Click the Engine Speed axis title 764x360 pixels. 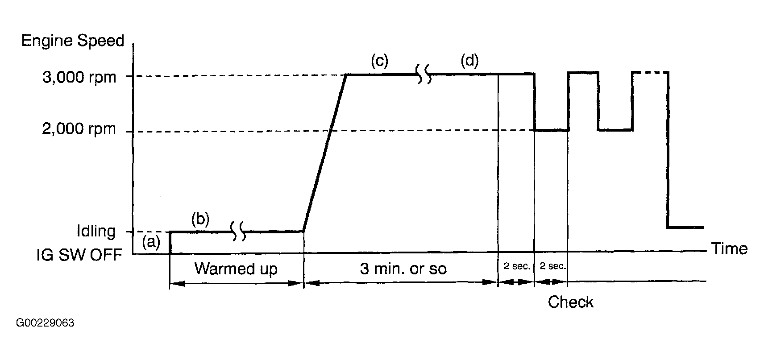point(72,41)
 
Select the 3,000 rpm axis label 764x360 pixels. point(79,78)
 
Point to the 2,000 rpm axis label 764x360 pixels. point(79,129)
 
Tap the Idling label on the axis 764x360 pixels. point(96,232)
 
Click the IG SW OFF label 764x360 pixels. point(79,256)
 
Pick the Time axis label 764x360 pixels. point(729,248)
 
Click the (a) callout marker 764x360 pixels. point(151,242)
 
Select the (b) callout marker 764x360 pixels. point(200,219)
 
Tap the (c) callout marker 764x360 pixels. point(379,61)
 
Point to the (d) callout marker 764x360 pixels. point(469,61)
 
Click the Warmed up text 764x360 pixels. point(236,269)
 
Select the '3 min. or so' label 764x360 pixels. point(403,269)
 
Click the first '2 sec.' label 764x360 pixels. point(516,266)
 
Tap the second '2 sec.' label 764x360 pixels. point(552,266)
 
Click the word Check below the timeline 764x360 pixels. point(571,302)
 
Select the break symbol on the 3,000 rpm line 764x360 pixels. point(424,74)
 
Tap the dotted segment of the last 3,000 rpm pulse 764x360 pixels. point(650,72)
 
